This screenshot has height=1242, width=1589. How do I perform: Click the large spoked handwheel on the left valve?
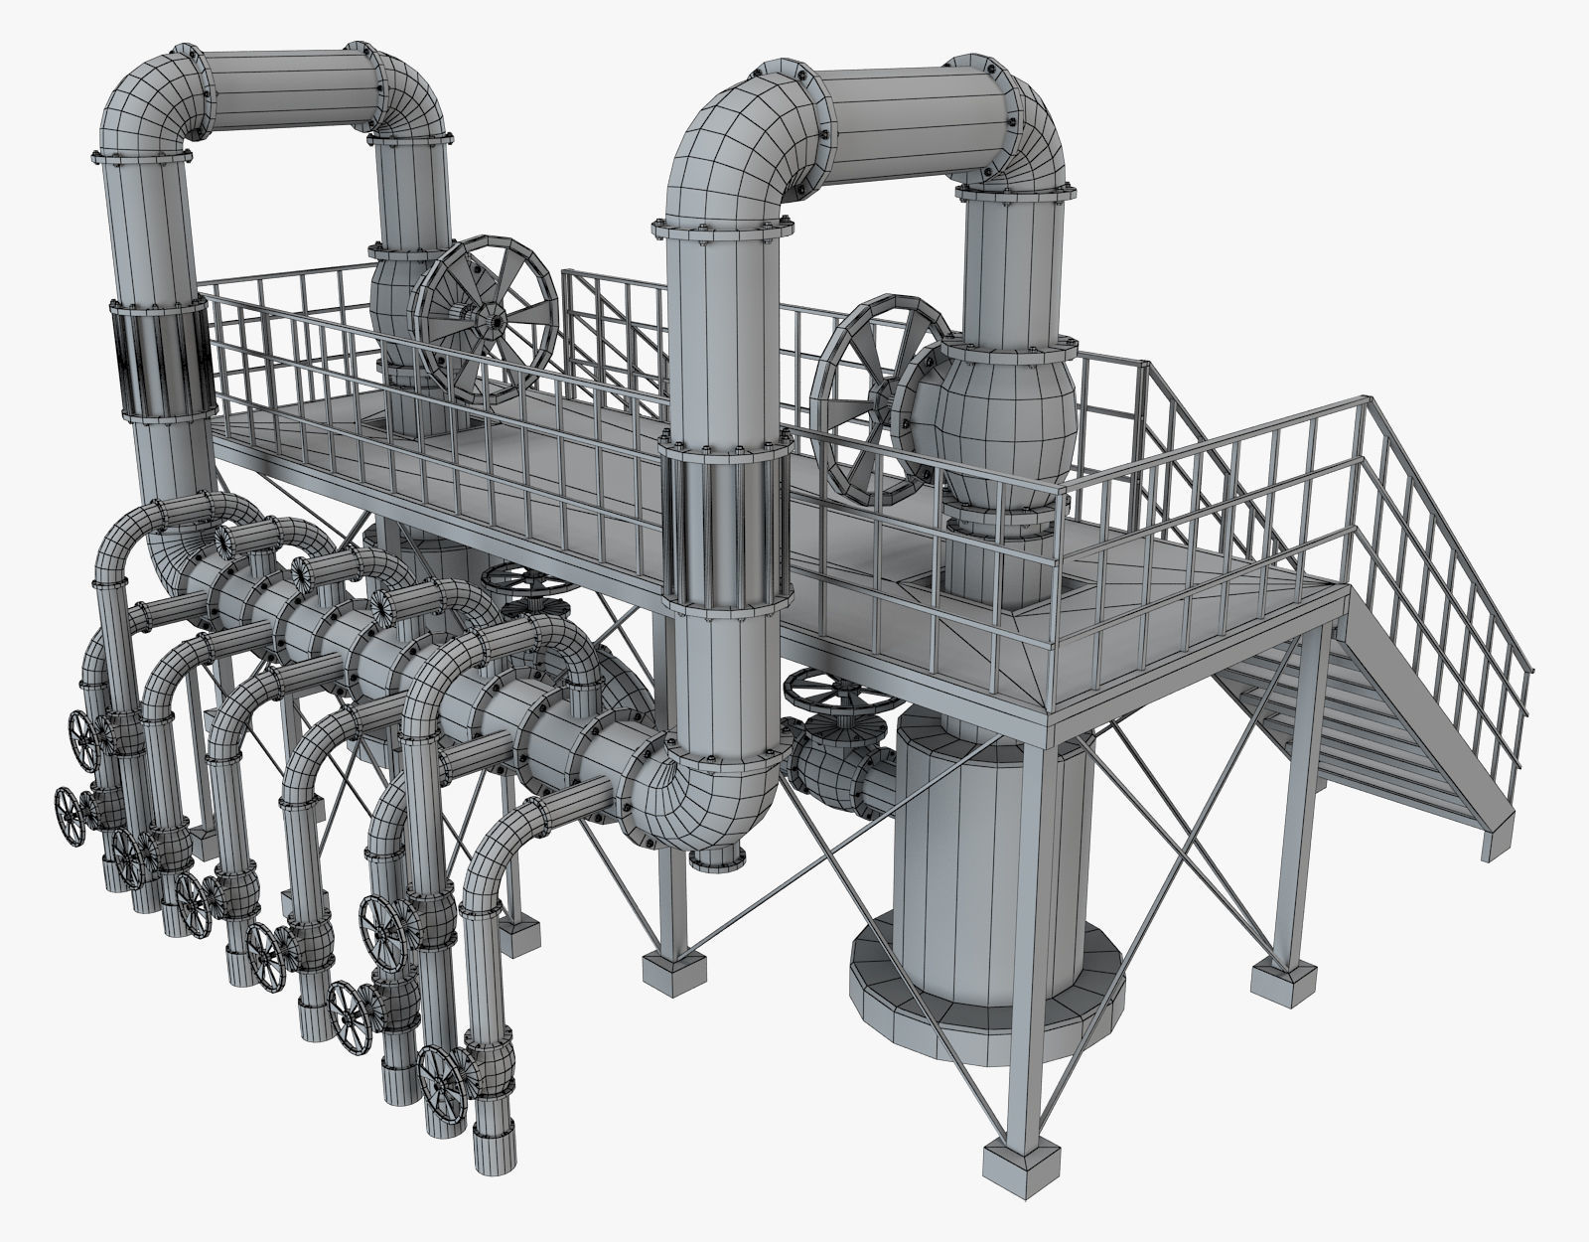485,319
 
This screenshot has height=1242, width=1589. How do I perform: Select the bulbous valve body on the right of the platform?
993,417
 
